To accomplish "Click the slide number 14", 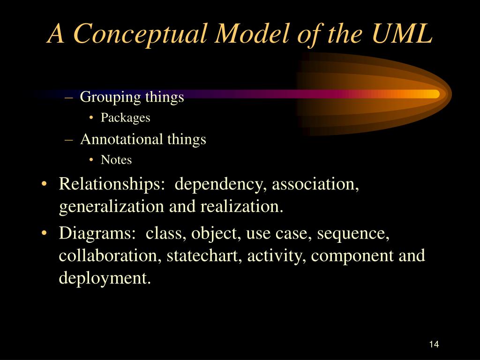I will tap(433, 345).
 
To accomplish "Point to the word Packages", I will tap(125, 118).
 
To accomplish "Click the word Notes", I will tap(116, 160).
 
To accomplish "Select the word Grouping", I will tap(104, 97).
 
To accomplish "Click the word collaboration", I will tap(110, 255).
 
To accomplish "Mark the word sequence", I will tap(353, 233).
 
